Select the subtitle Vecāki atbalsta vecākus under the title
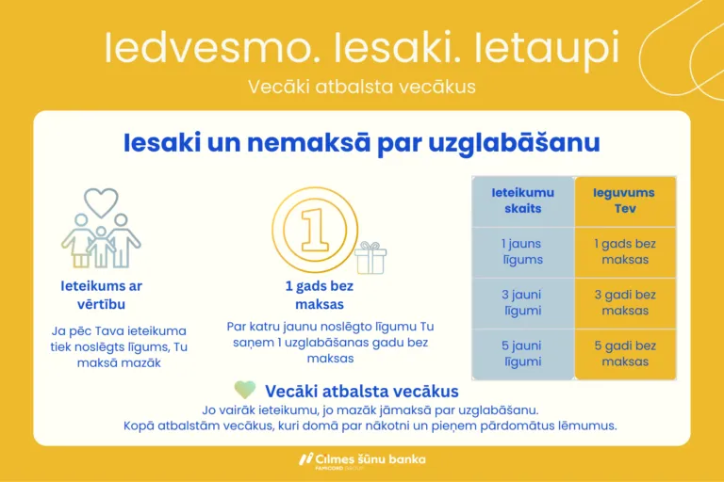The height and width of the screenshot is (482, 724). [x=362, y=87]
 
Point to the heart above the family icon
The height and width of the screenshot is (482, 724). [x=101, y=201]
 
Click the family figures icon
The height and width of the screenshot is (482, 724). [x=101, y=240]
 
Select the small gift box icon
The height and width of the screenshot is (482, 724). [x=370, y=257]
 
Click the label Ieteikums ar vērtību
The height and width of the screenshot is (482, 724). [x=101, y=295]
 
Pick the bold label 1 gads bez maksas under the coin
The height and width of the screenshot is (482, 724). [x=320, y=295]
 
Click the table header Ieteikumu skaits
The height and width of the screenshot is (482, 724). [x=522, y=200]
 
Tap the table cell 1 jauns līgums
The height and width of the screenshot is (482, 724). [x=522, y=251]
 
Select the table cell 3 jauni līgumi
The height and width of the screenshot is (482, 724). [x=522, y=302]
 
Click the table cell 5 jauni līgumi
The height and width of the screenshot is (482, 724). [x=522, y=353]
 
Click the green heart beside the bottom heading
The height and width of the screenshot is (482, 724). [x=244, y=391]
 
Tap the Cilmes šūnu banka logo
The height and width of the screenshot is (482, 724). [x=362, y=459]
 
